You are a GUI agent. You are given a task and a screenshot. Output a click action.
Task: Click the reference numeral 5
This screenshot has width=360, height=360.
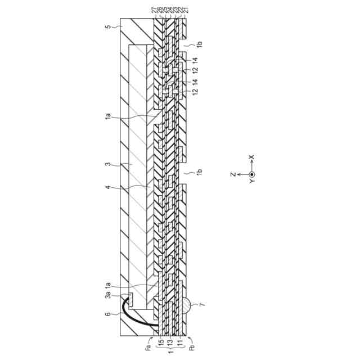(112, 26)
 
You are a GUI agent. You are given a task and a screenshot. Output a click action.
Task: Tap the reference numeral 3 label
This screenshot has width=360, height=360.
(112, 165)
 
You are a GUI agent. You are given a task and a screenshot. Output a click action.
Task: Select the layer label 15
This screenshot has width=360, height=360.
(160, 343)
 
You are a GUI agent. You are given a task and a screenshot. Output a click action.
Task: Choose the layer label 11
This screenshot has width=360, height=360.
(179, 343)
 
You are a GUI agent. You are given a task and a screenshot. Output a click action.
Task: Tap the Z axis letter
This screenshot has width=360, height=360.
(232, 174)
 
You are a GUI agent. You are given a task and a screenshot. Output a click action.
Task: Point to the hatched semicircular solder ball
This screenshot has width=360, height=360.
(189, 307)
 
